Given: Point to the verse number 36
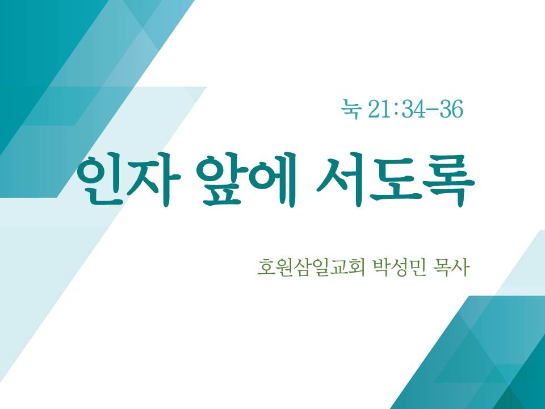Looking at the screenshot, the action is pos(451,109).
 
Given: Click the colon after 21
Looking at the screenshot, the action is pos(396,110).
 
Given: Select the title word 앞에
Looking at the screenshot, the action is pos(246,180).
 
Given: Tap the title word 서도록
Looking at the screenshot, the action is pos(396,180).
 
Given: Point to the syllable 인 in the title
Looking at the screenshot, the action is pos(100,180).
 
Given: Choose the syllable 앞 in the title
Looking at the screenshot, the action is pos(220,180).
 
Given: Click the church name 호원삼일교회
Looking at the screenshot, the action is pos(311,268).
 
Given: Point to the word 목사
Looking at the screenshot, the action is pos(451,268).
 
